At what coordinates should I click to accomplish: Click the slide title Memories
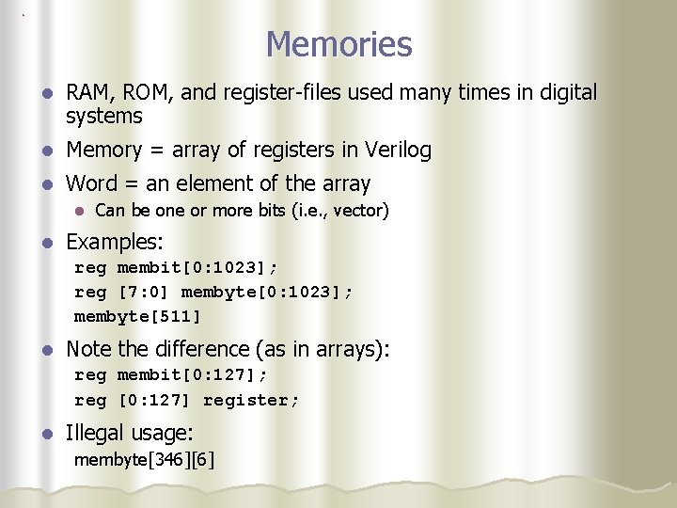[338, 44]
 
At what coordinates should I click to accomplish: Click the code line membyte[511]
[138, 315]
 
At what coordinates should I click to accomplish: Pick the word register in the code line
[250, 400]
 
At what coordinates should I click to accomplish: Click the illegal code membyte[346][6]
[144, 460]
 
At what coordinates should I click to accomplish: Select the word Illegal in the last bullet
[94, 434]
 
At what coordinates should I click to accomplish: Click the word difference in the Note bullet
[204, 349]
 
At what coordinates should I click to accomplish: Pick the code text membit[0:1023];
[197, 268]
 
